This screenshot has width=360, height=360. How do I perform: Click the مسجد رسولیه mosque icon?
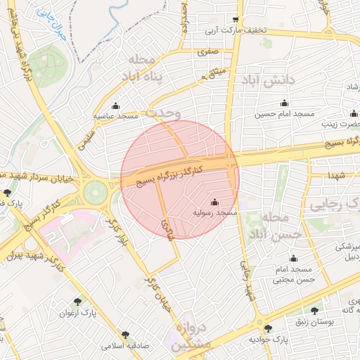pyautogui.click(x=214, y=202)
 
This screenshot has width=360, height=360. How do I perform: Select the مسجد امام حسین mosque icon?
pyautogui.click(x=283, y=103)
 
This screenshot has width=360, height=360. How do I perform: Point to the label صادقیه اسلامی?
pyautogui.click(x=122, y=346)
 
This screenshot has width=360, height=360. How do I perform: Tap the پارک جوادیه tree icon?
pyautogui.click(x=267, y=328)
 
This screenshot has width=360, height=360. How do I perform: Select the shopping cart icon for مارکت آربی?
pyautogui.click(x=235, y=20)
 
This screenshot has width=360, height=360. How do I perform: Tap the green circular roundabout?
pyautogui.click(x=94, y=191)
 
